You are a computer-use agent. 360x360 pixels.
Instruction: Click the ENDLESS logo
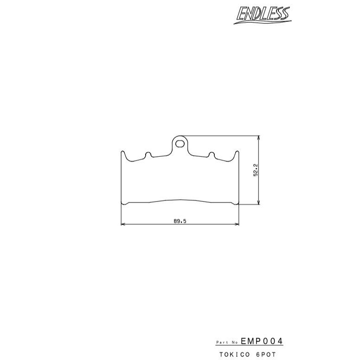click(x=263, y=15)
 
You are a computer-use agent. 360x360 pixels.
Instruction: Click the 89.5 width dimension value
click(x=180, y=221)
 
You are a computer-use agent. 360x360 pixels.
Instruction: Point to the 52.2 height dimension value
click(x=256, y=170)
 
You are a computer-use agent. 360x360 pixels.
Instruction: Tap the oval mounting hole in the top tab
click(x=180, y=144)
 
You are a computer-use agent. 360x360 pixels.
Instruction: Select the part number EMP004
click(x=262, y=341)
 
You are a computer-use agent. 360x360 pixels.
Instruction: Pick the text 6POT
click(x=266, y=354)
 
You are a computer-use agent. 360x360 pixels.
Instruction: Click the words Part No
click(x=227, y=342)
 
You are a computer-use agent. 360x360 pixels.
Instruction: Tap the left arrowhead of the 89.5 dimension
click(x=123, y=224)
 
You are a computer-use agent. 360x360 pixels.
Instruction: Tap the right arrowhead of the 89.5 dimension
click(x=237, y=224)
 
